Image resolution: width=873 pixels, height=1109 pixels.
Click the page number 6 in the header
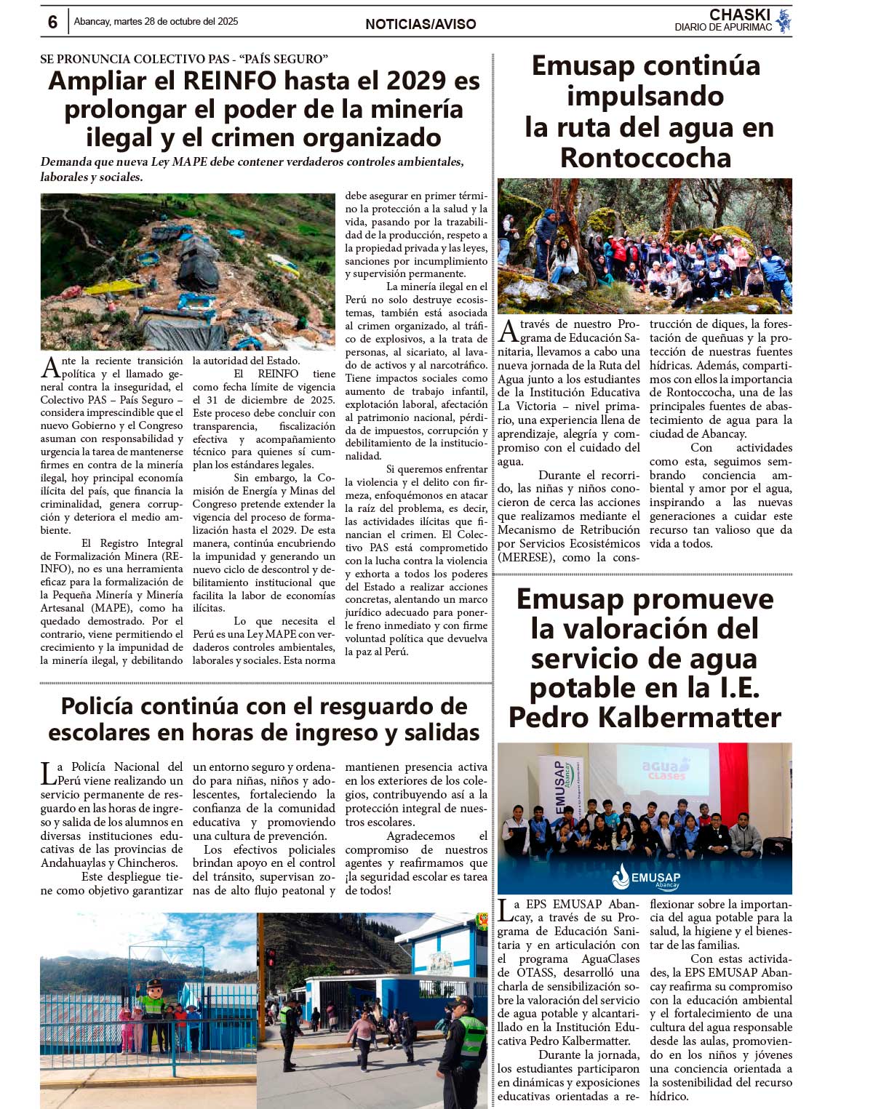click(x=52, y=23)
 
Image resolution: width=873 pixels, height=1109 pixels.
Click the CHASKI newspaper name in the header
click(x=739, y=15)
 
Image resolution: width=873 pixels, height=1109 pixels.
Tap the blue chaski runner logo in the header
click(x=783, y=21)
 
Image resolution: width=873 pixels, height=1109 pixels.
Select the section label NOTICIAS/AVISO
click(x=420, y=25)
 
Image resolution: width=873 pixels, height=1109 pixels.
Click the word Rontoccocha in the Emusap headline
click(x=645, y=157)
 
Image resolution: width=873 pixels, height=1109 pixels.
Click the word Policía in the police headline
click(x=101, y=706)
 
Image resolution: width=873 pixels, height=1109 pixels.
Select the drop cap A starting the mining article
click(x=49, y=367)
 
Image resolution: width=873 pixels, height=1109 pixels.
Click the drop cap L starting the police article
click(x=47, y=773)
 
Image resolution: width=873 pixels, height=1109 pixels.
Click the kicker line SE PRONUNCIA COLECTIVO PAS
click(x=184, y=59)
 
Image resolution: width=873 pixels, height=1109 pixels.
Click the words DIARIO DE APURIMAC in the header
click(x=722, y=28)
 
